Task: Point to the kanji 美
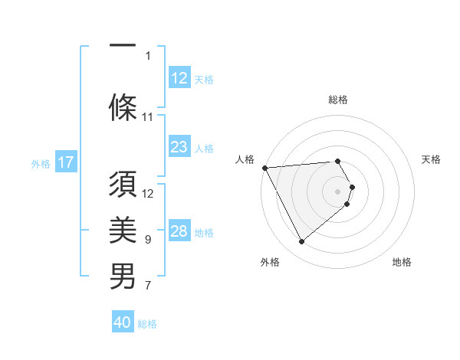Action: [x=123, y=229]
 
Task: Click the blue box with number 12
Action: [x=179, y=77]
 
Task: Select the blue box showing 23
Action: [x=179, y=147]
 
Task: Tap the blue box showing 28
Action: [x=179, y=232]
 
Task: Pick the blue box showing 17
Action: [x=65, y=162]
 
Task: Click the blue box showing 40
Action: [x=123, y=322]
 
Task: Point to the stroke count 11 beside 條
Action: [x=148, y=117]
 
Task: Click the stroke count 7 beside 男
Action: [x=148, y=286]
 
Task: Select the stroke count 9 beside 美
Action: [x=148, y=240]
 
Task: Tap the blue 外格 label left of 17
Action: [x=41, y=163]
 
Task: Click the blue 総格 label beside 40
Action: [x=147, y=324]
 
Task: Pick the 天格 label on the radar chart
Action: [x=431, y=159]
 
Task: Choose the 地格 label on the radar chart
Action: [x=402, y=263]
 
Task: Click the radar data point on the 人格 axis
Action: [x=264, y=168]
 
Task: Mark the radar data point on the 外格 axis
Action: [x=301, y=241]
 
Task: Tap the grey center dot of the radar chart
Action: [x=337, y=191]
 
